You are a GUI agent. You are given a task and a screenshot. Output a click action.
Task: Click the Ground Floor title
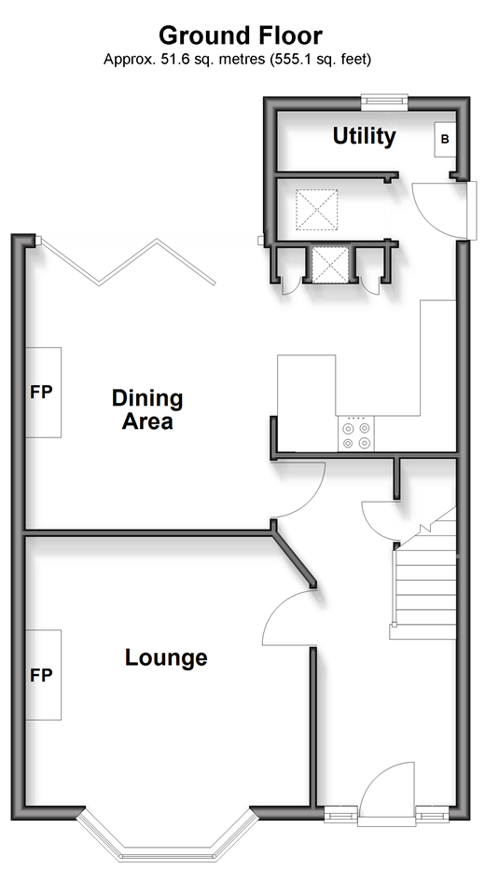pos(241,36)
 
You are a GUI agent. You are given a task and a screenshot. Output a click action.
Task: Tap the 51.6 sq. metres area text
pos(212,60)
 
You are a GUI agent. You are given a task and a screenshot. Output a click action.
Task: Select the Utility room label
pos(364,136)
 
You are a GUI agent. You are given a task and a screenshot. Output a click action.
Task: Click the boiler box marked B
pos(445,139)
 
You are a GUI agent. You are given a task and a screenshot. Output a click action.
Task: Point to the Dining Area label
pos(147,409)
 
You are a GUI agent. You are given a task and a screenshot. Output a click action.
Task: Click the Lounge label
pos(166,657)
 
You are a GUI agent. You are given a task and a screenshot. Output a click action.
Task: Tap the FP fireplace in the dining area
pos(43,393)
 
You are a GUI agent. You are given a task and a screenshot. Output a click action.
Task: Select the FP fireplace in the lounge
pos(43,675)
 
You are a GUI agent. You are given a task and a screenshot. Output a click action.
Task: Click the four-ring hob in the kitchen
pos(355,434)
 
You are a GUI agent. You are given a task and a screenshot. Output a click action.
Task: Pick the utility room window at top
pos(384,100)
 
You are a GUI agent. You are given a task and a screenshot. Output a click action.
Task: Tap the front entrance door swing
pos(388,789)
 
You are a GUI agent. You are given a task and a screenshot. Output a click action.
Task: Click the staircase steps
pos(424,577)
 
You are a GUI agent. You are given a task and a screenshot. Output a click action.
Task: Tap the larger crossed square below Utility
pos(317,210)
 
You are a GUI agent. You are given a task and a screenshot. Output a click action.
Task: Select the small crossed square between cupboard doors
pos(329,266)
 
